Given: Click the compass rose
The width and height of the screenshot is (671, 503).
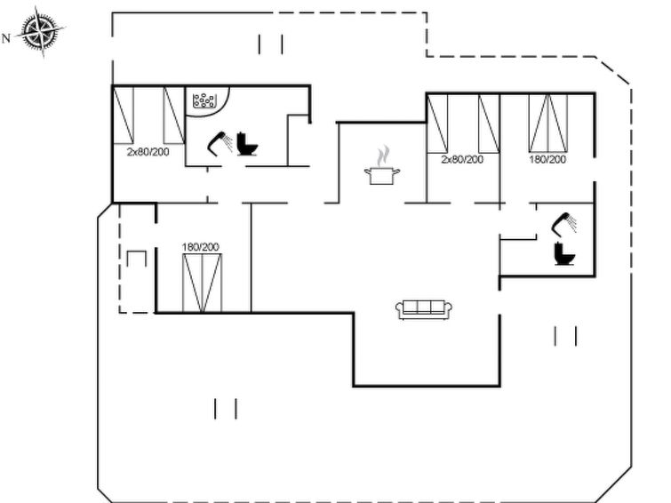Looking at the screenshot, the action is [x=42, y=31].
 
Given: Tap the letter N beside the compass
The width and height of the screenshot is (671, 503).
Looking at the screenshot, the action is [x=6, y=38].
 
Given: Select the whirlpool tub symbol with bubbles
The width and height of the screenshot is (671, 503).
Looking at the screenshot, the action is [x=204, y=101].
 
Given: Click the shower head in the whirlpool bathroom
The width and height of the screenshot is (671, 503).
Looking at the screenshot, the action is [x=220, y=143].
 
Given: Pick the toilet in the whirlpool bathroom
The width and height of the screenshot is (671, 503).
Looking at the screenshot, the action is [x=247, y=144].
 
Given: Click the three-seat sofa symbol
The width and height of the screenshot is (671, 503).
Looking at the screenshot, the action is [x=424, y=309].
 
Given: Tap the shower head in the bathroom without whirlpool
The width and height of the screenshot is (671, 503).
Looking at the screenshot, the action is [x=564, y=223].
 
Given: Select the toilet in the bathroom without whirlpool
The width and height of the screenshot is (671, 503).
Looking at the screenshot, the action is [x=564, y=254].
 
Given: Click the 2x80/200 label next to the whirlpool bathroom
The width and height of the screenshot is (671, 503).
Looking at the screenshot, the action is [x=148, y=152].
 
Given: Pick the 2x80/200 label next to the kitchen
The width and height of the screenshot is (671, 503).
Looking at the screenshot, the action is [x=462, y=159].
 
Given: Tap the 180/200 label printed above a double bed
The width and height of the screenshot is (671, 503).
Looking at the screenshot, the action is [x=200, y=247].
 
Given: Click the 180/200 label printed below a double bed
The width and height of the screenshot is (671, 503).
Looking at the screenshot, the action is [x=547, y=159].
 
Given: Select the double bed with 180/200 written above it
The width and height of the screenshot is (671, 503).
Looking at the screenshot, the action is [x=202, y=283].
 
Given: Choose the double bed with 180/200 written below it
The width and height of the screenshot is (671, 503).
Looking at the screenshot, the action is [x=548, y=123].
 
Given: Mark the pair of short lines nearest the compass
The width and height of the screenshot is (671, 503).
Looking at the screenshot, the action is [x=270, y=44].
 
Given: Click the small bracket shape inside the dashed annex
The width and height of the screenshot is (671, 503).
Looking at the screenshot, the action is [x=137, y=259].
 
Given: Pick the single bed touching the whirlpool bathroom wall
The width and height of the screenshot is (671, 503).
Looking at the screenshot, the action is [x=174, y=116].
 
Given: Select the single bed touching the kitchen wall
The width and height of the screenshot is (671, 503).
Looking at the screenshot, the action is [x=437, y=124].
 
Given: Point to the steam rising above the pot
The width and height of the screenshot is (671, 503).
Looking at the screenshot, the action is [x=383, y=156].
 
